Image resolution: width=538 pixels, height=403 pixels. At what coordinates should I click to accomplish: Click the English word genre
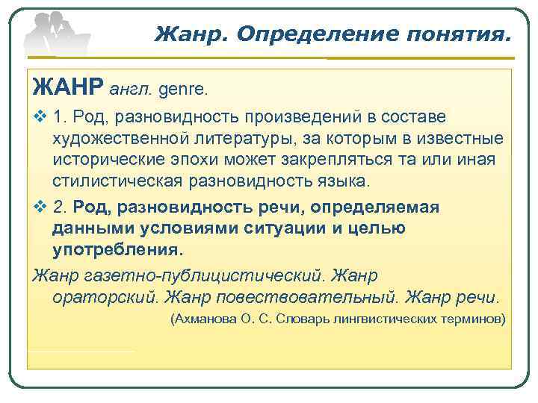pyautogui.click(x=183, y=90)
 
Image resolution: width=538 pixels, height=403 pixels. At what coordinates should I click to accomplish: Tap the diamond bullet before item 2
pyautogui.click(x=40, y=207)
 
